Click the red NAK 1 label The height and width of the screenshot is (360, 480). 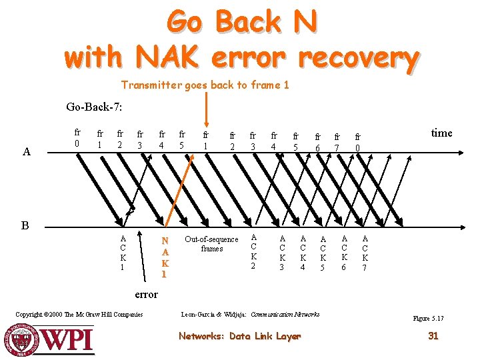pos(165,257)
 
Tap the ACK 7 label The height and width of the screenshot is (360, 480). pos(365,254)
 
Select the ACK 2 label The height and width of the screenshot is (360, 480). pos(253,251)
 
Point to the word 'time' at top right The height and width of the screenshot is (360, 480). pos(441,133)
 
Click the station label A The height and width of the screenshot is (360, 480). pos(26,151)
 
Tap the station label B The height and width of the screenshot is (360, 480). pos(25,225)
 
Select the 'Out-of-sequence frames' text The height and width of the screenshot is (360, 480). pos(211,244)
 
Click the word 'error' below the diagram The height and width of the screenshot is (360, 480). pos(146,294)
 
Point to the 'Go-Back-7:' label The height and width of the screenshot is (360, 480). pos(94,107)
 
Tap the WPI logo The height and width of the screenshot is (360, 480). pos(51,338)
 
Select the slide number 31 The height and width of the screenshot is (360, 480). pos(433,336)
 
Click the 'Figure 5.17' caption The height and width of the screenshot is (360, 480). pos(428,319)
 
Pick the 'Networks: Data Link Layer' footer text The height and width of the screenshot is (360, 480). pos(239,336)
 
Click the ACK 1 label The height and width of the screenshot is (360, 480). pos(123,253)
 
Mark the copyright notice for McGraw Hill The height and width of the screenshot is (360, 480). pos(79,314)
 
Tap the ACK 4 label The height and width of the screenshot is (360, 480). pos(303,254)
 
